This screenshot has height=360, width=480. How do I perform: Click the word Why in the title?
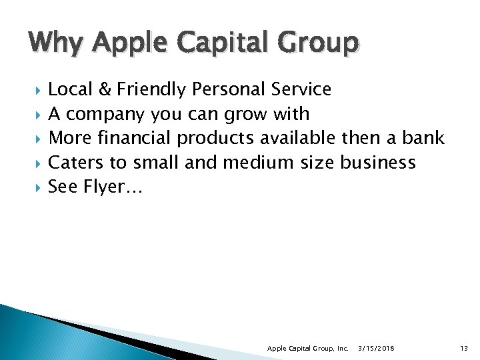click(x=55, y=43)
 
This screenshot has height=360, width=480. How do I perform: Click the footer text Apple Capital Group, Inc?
click(x=307, y=349)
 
